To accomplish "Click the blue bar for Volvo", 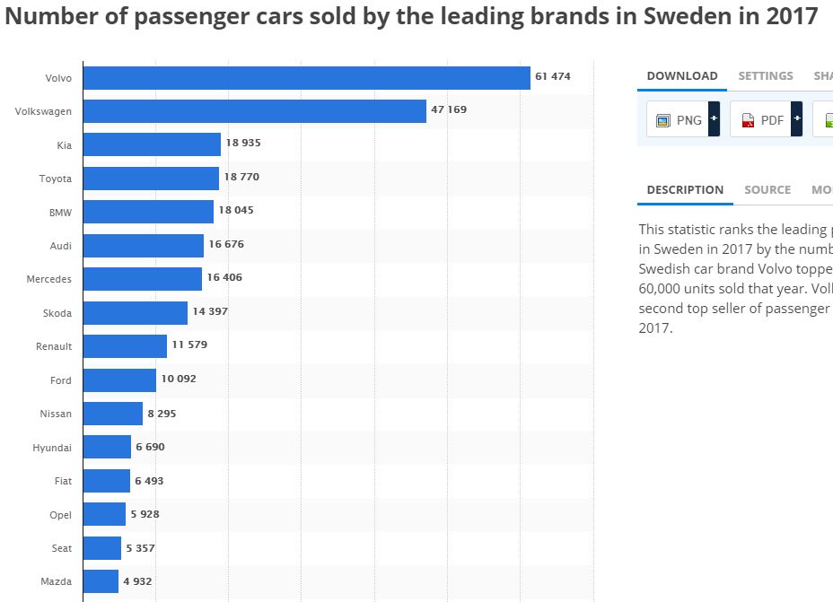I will coord(307,78).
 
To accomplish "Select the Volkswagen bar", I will coord(255,111).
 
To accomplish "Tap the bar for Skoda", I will coord(136,313).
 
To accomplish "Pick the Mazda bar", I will coord(101,581).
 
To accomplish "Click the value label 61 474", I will coord(553,77).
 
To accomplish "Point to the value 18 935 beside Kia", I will coord(243,143).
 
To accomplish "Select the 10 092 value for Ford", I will coord(179,379).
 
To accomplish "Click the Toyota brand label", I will coord(56,179).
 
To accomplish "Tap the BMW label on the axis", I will coord(61,213).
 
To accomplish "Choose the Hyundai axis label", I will coord(52,448).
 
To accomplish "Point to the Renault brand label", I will coord(54,346).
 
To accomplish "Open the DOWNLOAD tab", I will coord(682,76).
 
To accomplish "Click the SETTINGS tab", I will coord(766,76).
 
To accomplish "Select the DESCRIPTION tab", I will coord(685,190).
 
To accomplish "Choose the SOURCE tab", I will coord(767,190).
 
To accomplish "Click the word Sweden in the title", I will coord(693,17).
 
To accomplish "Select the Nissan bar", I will coord(113,414).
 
